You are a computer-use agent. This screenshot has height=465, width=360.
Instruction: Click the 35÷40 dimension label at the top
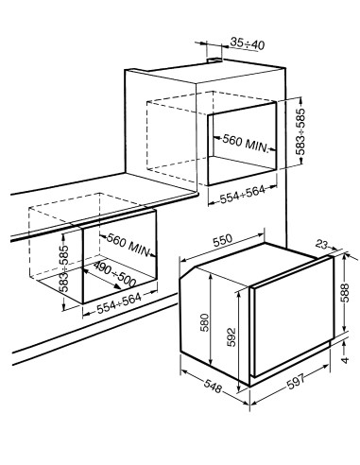coord(248,43)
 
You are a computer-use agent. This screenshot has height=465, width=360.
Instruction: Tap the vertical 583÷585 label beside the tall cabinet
coord(301,131)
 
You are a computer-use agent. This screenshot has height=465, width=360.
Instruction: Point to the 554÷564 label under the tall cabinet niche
coord(242,196)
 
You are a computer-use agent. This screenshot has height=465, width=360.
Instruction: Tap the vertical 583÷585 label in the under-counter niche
coord(63,268)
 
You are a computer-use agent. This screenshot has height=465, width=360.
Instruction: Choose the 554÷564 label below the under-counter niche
coord(119,303)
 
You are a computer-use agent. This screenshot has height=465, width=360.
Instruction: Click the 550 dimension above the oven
coord(222,240)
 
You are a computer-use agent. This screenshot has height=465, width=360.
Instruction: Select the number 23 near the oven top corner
coord(322,244)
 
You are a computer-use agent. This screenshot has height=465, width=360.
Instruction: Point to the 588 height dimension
coord(345,293)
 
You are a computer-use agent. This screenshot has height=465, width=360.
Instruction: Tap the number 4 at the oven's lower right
coord(345,360)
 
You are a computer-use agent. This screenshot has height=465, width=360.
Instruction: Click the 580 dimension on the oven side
coord(205,322)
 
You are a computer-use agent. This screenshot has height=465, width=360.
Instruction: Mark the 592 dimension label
coord(231,337)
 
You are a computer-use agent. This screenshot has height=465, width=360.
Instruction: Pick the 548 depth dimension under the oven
coord(213,386)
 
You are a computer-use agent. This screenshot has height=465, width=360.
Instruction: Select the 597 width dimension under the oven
coord(296,381)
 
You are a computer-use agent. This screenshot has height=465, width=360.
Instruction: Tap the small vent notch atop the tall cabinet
coord(214,60)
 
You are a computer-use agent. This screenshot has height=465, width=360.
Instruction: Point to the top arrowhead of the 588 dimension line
coord(345,256)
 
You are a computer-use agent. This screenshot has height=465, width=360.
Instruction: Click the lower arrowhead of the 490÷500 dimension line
coord(117,286)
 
